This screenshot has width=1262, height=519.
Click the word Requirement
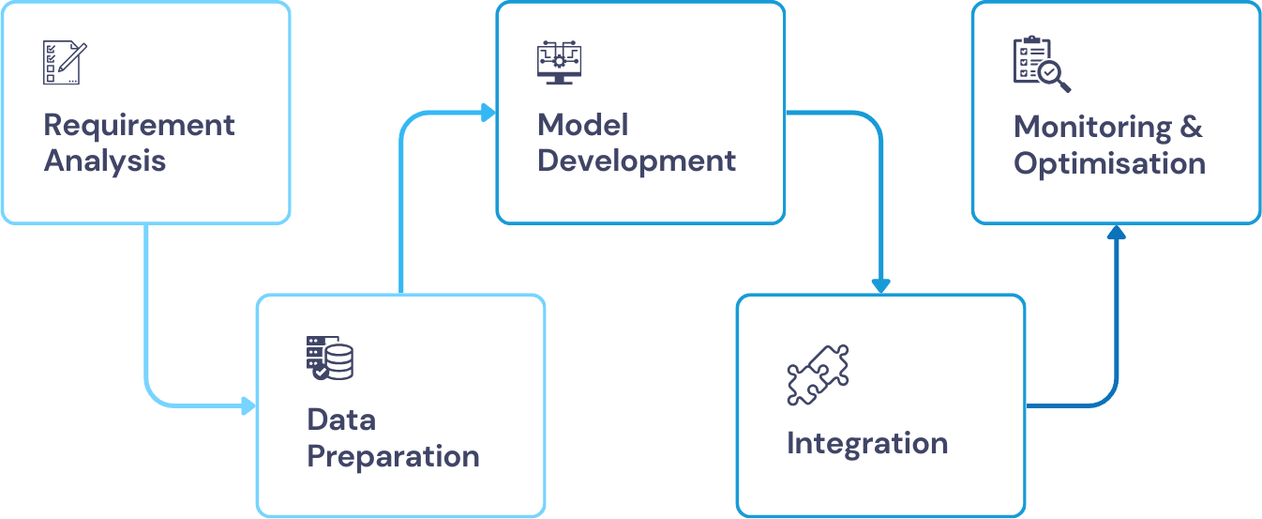[139, 125]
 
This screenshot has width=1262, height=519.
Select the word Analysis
[104, 160]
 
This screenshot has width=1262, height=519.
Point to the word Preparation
[393, 456]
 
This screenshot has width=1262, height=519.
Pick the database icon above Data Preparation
[330, 358]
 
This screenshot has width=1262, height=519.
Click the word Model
[582, 124]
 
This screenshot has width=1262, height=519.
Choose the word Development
[637, 160]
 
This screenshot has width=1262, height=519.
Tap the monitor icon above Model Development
[559, 62]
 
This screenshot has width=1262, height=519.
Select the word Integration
[867, 443]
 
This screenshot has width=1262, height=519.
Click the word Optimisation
[1109, 163]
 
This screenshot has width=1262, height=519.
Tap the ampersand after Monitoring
[1192, 127]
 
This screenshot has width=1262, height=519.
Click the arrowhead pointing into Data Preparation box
[248, 405]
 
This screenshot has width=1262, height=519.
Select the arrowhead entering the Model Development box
[488, 113]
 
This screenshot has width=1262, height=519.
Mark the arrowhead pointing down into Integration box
[879, 285]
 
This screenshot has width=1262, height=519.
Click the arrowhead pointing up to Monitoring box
[1115, 232]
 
